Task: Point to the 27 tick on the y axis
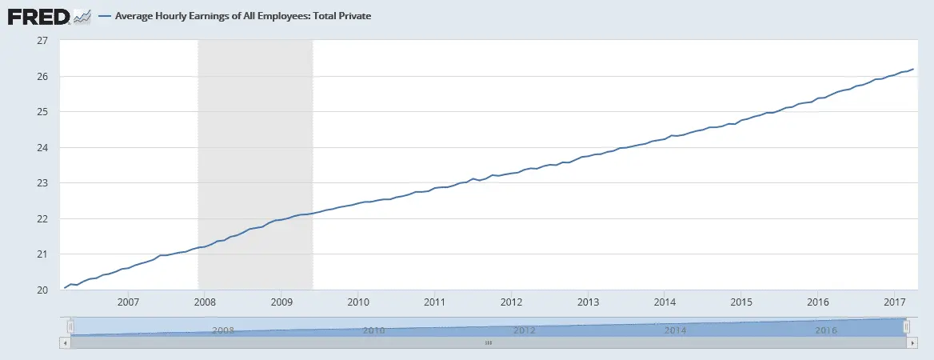point(43,41)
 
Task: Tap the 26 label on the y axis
point(43,77)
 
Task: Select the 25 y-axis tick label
point(43,112)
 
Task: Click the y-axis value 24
point(43,148)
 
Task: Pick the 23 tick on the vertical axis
point(43,183)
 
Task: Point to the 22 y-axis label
point(43,219)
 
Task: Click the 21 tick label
point(43,254)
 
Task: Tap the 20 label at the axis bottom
point(43,290)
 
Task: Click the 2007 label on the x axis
point(128,302)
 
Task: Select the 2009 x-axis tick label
point(281,302)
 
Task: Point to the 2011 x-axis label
point(435,302)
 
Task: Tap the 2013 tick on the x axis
point(588,302)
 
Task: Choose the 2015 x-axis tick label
point(741,302)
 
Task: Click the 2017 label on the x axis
point(895,302)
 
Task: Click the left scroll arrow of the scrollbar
point(65,342)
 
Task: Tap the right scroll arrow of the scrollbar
point(912,342)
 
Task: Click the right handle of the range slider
point(906,326)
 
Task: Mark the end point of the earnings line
point(913,69)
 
